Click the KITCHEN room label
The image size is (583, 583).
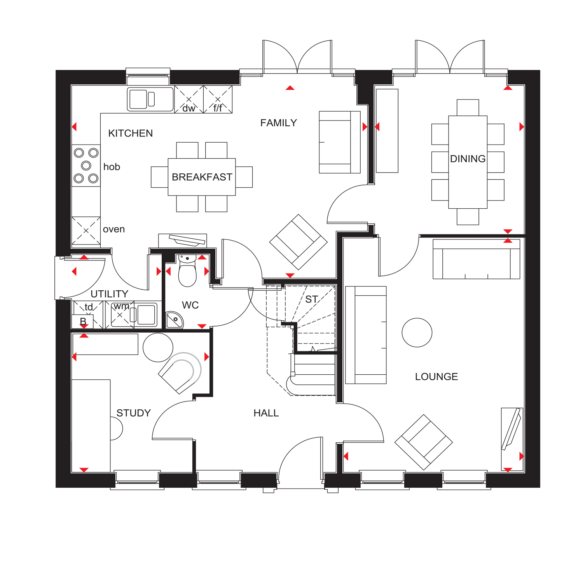(130, 133)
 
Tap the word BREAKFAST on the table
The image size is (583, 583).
(202, 177)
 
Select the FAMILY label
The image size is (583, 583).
(278, 123)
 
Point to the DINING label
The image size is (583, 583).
(468, 159)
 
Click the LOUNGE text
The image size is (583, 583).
(436, 377)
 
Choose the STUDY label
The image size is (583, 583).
(133, 413)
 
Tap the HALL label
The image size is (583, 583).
(266, 413)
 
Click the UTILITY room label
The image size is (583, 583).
(109, 294)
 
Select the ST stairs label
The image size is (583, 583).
(311, 299)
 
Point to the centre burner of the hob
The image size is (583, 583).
(86, 166)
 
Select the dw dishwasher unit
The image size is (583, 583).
(189, 100)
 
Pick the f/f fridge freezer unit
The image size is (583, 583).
(218, 100)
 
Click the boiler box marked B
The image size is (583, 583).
(83, 321)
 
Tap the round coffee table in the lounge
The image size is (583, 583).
(417, 333)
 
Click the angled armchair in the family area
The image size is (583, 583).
(298, 242)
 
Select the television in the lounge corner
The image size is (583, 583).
(511, 429)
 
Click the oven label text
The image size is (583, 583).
(114, 229)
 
